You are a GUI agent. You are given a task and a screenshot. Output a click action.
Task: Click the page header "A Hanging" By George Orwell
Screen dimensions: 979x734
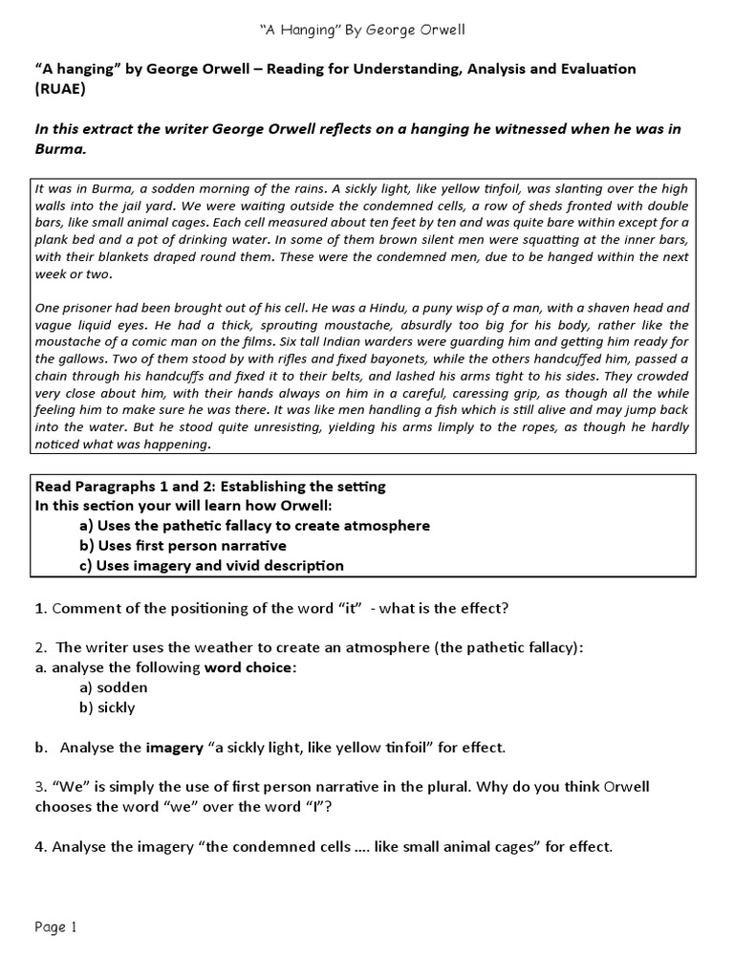(x=367, y=31)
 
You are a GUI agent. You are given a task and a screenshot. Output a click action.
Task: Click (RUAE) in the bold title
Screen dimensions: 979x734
(x=59, y=88)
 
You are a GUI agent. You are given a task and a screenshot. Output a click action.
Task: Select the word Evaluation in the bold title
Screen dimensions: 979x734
(x=589, y=70)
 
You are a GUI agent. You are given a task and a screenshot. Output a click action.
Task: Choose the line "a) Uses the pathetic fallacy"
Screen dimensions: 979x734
(x=254, y=526)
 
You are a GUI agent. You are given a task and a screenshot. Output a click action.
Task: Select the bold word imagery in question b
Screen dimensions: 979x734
(x=176, y=748)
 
